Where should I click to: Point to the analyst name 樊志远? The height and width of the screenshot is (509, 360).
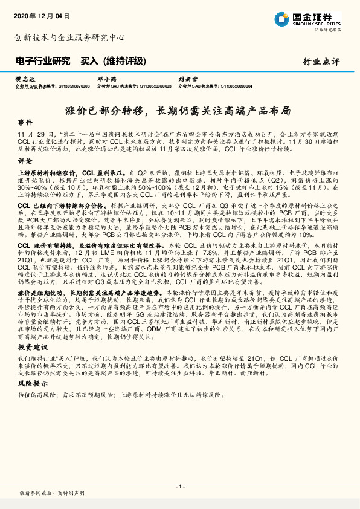(x=23, y=79)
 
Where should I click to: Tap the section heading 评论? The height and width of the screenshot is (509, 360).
(x=25, y=161)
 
